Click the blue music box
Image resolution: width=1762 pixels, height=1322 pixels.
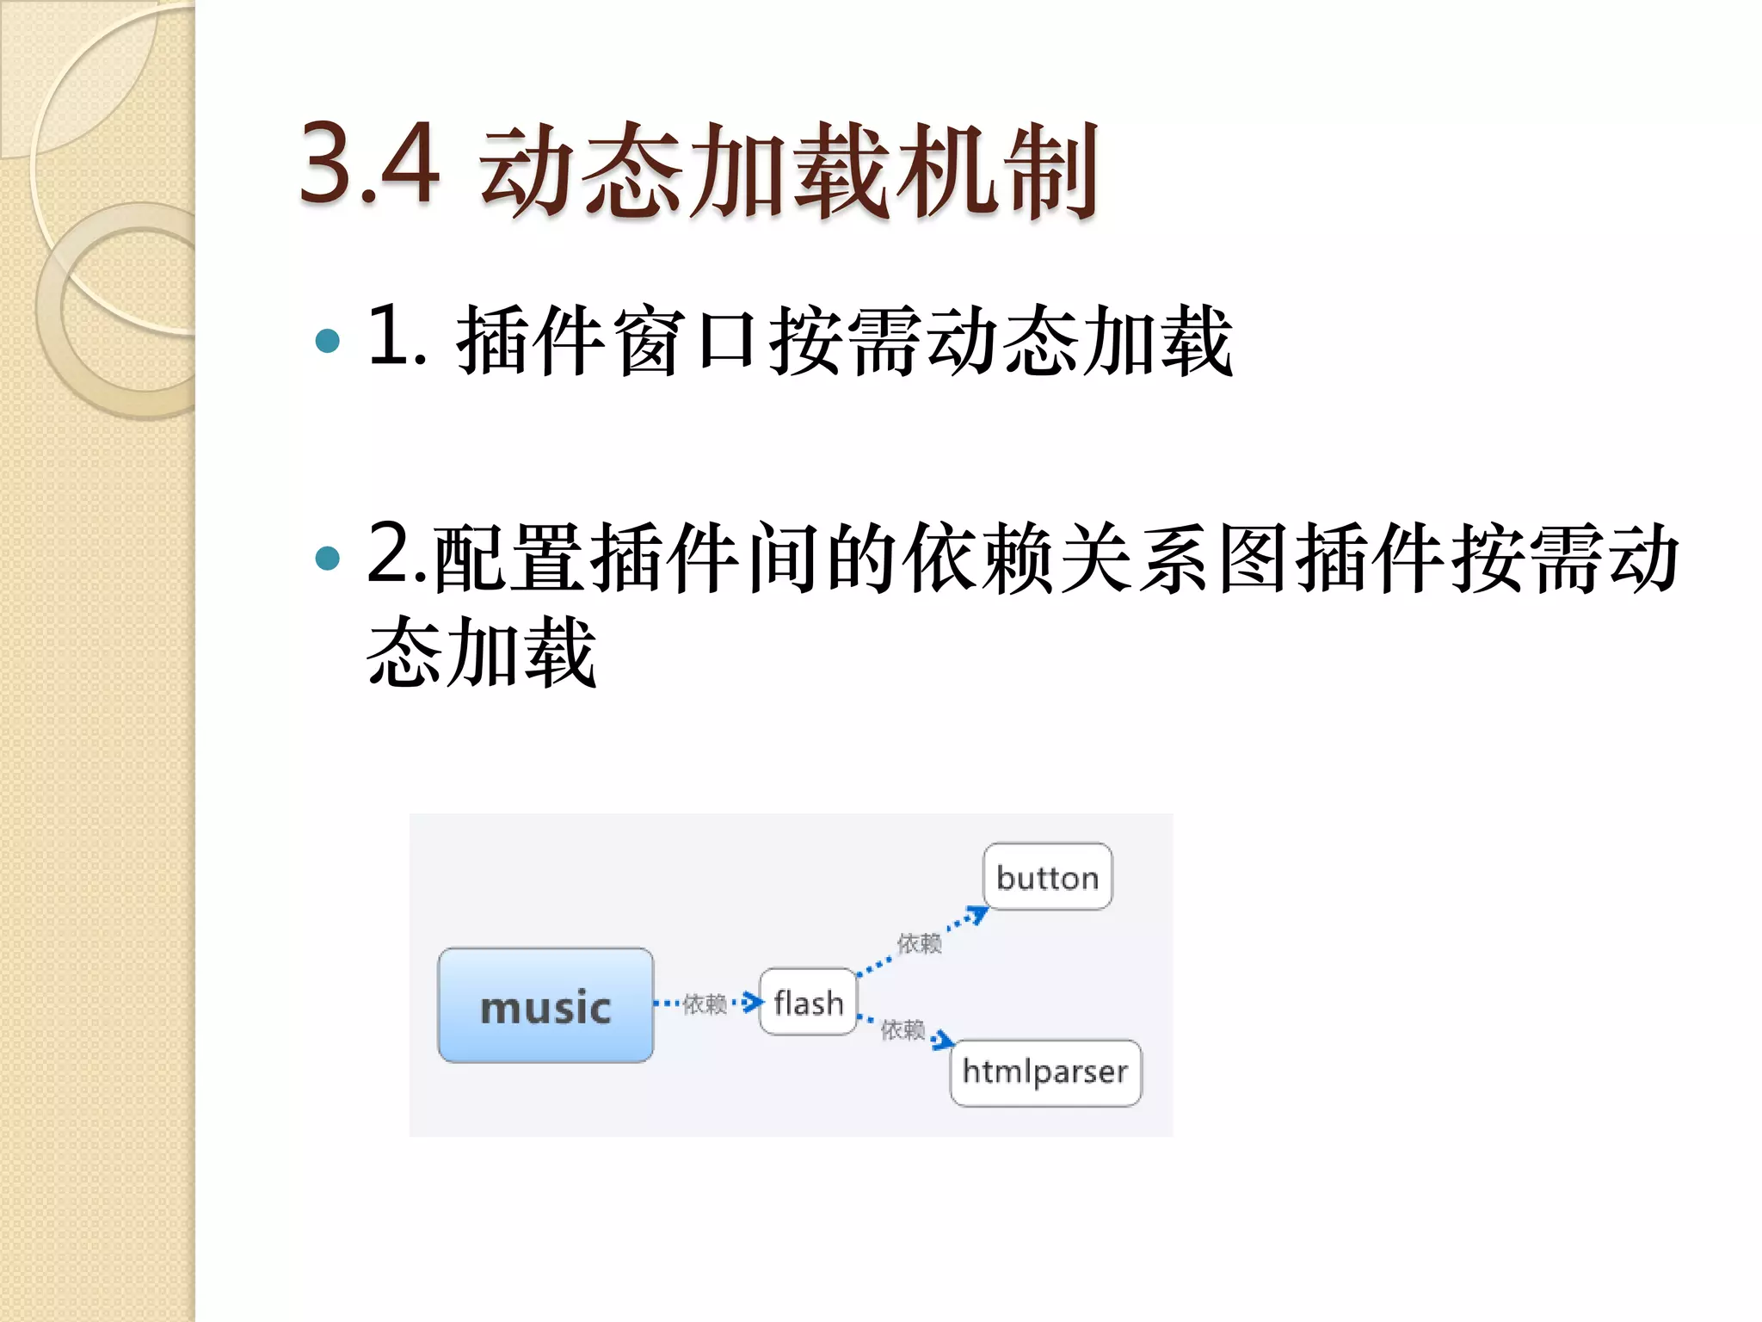pyautogui.click(x=545, y=1005)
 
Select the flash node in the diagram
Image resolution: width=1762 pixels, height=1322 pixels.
pyautogui.click(x=808, y=1003)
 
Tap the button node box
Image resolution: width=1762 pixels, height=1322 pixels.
pyautogui.click(x=1047, y=877)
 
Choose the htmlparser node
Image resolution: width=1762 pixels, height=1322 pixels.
pyautogui.click(x=1045, y=1072)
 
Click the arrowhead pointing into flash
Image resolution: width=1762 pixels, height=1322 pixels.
pyautogui.click(x=754, y=1002)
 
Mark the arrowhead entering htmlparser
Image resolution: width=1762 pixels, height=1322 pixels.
pyautogui.click(x=944, y=1041)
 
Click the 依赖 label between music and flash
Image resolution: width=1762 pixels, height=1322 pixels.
pyautogui.click(x=705, y=1004)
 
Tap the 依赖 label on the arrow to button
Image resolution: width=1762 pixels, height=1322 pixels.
pyautogui.click(x=919, y=943)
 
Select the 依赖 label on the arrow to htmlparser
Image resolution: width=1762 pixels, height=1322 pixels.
pyautogui.click(x=903, y=1029)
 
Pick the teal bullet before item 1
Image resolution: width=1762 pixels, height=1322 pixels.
pyautogui.click(x=328, y=341)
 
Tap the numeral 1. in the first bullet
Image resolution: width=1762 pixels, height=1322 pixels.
pyautogui.click(x=397, y=337)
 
